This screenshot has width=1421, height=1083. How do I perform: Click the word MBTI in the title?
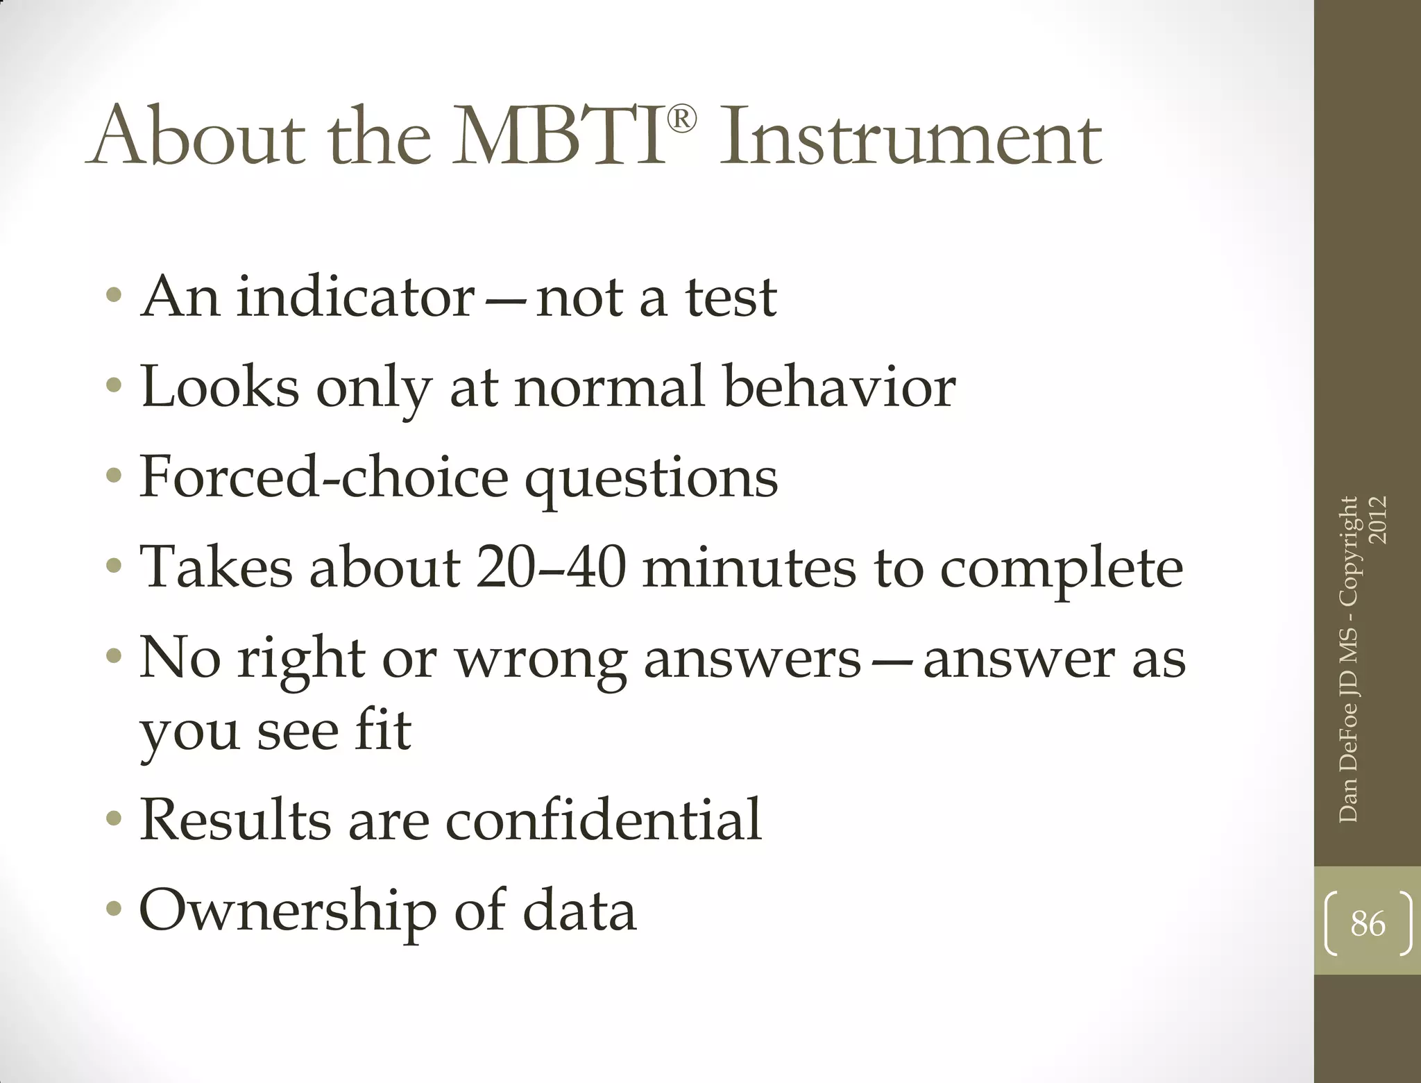559,137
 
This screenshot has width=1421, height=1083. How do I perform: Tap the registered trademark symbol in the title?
681,120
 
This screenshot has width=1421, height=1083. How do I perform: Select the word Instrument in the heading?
910,137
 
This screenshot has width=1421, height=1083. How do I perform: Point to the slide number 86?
1368,924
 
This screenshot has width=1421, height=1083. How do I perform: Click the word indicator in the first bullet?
355,297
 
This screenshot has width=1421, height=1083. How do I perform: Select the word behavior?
839,387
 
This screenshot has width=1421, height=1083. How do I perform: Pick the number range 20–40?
551,567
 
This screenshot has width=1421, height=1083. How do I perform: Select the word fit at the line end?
382,730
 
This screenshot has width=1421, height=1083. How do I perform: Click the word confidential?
603,820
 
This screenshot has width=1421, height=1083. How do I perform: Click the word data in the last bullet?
579,910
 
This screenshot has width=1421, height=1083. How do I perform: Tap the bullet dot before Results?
114,820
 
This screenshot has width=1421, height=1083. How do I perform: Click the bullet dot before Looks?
114,385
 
